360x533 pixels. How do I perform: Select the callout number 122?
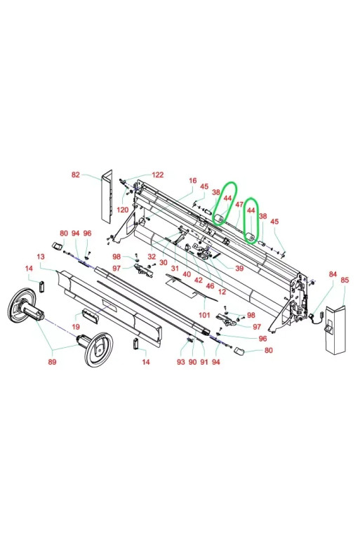click(x=158, y=175)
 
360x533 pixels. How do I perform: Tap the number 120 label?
click(x=122, y=210)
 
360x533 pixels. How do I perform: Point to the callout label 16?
click(x=192, y=180)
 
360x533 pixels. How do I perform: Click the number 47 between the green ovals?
click(x=239, y=205)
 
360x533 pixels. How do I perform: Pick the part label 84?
click(x=333, y=274)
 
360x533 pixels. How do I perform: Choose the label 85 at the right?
click(x=345, y=281)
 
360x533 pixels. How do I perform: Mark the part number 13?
click(x=40, y=257)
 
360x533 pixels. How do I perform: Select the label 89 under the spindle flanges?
click(x=52, y=362)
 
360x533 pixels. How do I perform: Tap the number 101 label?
click(x=204, y=315)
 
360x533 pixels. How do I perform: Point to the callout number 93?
click(x=181, y=362)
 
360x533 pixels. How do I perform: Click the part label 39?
click(x=239, y=269)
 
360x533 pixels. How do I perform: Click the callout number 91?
click(x=204, y=362)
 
